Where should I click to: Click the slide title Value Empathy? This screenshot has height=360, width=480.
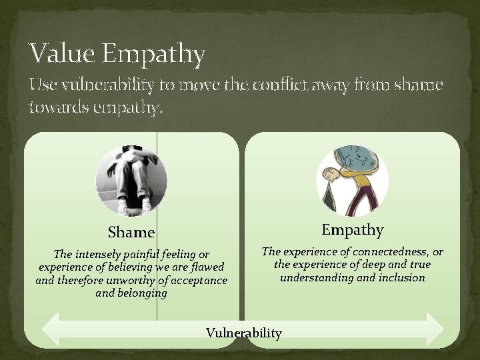pos(117,53)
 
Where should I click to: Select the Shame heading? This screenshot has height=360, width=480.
pos(131,232)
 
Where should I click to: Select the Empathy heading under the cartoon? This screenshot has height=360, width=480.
pos(352,230)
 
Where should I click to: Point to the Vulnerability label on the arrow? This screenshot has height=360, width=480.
pos(244,333)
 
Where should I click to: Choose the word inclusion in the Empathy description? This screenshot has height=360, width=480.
pos(402,277)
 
